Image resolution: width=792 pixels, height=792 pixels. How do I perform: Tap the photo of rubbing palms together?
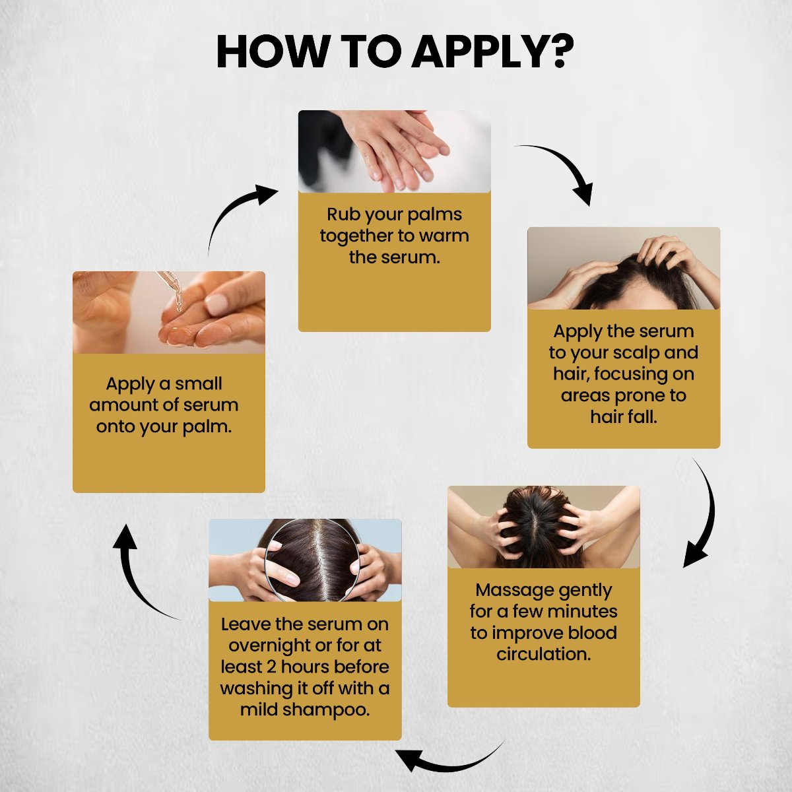[x=394, y=151]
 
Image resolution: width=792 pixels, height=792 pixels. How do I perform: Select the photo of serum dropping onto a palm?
[x=168, y=312]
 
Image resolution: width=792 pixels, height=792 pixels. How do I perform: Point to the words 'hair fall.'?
[x=624, y=417]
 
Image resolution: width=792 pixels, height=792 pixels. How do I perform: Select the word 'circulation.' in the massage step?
[x=543, y=654]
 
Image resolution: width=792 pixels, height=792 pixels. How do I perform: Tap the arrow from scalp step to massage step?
[x=702, y=515]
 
